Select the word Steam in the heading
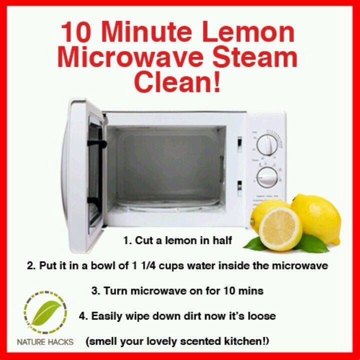[x=256, y=59]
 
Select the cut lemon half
[x=280, y=228]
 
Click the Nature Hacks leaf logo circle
[x=45, y=313]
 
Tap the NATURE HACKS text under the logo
[x=45, y=342]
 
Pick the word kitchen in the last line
[x=236, y=341]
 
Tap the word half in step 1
[x=222, y=241]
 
